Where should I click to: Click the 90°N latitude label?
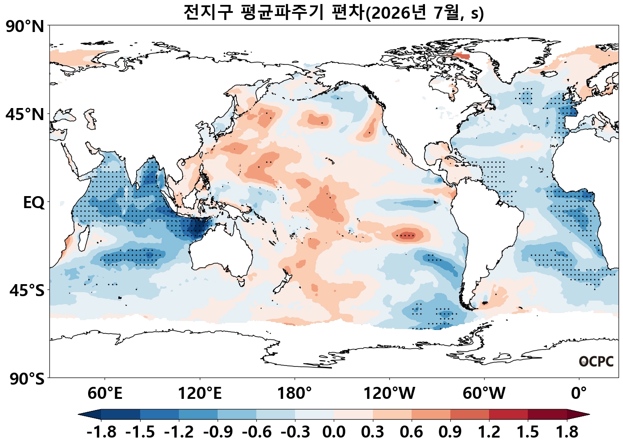tap(25, 27)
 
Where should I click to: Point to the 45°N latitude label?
tap(25, 114)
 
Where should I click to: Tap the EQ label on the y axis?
tap(34, 203)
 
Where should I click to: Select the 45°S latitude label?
tap(27, 290)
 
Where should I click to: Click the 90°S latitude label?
tap(27, 378)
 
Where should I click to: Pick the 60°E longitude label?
tap(105, 393)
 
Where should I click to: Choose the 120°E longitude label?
tap(200, 393)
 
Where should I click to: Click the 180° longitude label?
tap(295, 393)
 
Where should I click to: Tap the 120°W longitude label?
tap(389, 393)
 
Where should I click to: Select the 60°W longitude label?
tap(484, 393)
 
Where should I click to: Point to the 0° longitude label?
tap(579, 393)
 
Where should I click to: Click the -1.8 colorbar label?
tap(101, 432)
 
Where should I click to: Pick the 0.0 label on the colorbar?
tap(334, 432)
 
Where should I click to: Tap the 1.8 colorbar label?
tap(567, 432)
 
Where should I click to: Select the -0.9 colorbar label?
tap(218, 432)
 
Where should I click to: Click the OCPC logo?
tap(596, 362)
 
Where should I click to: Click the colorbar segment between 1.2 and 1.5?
tap(508, 414)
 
